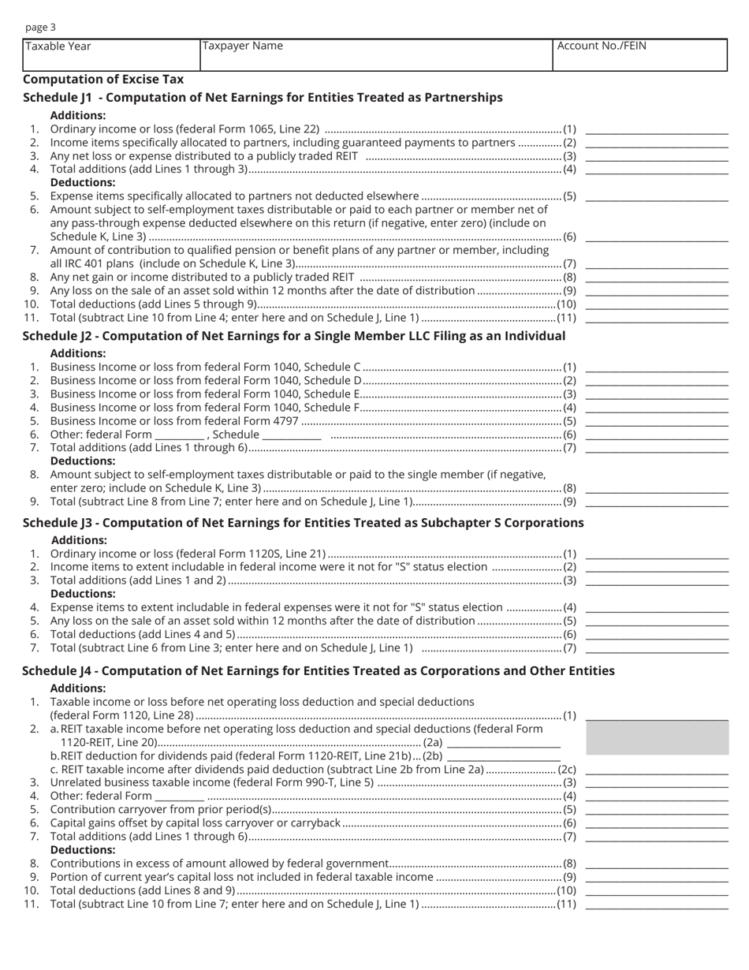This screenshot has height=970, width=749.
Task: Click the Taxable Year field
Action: click(x=111, y=55)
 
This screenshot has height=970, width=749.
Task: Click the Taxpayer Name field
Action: click(x=375, y=55)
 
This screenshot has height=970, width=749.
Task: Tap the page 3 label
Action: click(x=40, y=28)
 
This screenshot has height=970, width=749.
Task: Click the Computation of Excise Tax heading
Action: click(x=103, y=79)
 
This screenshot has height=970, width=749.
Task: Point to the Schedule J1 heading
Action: click(x=263, y=98)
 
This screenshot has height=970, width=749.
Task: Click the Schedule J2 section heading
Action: click(x=294, y=336)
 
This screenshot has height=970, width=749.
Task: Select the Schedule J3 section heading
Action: click(x=304, y=523)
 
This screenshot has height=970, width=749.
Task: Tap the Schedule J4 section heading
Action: click(x=319, y=671)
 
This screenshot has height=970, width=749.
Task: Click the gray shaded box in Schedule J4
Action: click(x=657, y=737)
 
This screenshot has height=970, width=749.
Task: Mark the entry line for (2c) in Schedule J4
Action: click(x=657, y=769)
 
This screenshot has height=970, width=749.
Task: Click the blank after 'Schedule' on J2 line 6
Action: click(x=292, y=435)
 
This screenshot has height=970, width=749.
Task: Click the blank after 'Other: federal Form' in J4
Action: click(x=180, y=796)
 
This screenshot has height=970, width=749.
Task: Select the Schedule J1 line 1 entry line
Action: click(x=657, y=129)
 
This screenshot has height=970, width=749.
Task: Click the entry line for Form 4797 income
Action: click(x=657, y=421)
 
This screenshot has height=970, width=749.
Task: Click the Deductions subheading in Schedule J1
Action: click(x=83, y=182)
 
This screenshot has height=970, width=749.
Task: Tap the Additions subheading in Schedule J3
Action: click(x=79, y=540)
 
